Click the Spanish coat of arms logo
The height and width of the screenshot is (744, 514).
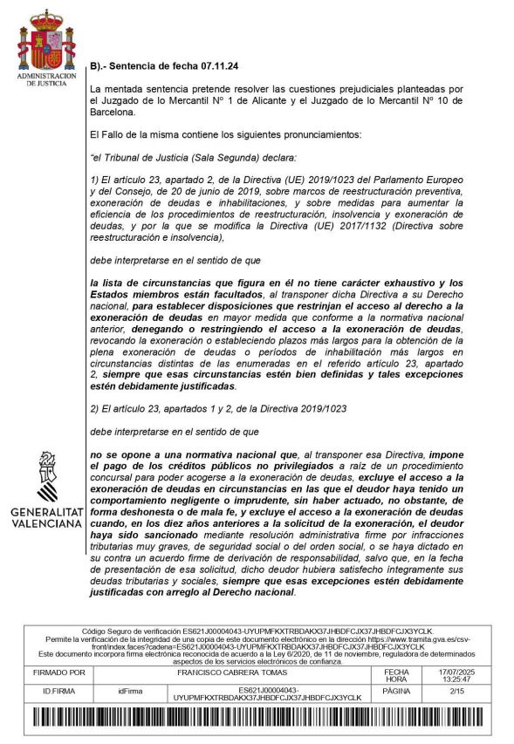pyautogui.click(x=42, y=42)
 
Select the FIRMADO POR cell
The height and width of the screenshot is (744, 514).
pyautogui.click(x=58, y=673)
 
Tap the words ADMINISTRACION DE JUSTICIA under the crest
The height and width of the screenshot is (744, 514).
pyautogui.click(x=42, y=79)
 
